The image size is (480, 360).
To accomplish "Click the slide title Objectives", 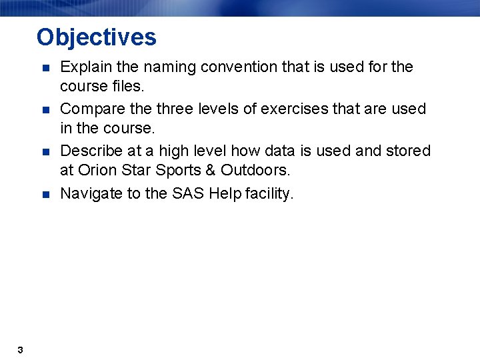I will (97, 37).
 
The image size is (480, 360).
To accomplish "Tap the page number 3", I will (21, 350).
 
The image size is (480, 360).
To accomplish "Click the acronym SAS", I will (189, 194).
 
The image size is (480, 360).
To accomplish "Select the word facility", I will (269, 194).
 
